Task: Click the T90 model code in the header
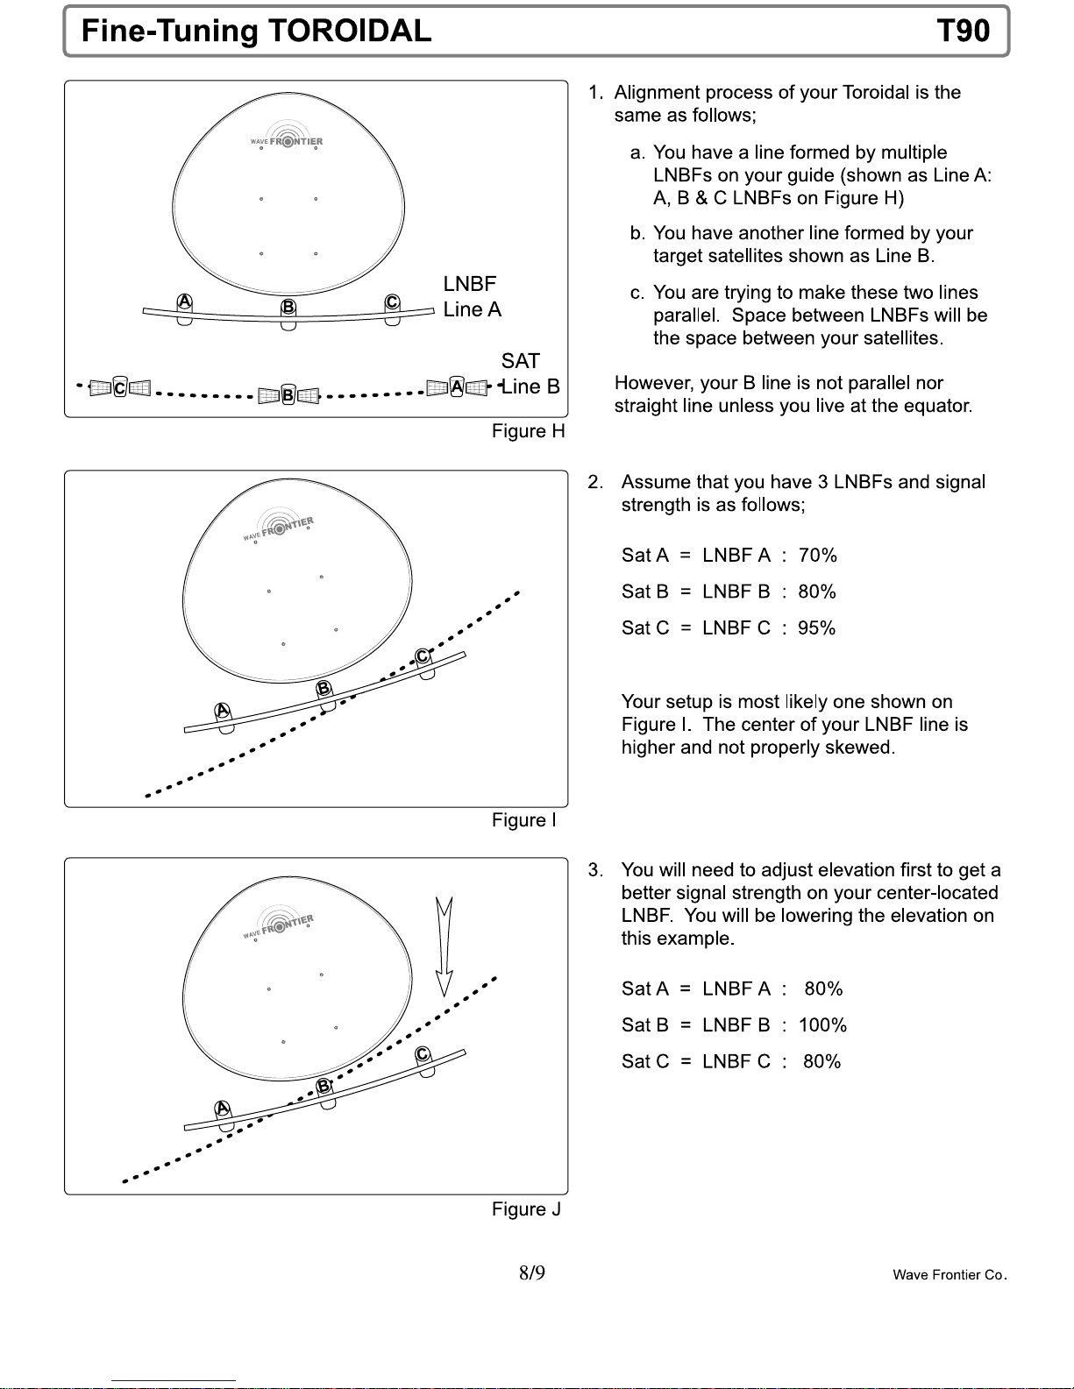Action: pos(963,32)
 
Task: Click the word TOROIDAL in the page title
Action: pos(349,32)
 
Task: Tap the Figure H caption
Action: pos(528,431)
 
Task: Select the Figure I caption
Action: pos(523,820)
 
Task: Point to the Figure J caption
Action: pos(526,1209)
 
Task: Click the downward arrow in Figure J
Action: pos(445,946)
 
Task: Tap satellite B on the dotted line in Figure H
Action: pos(288,395)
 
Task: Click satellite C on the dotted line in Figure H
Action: pos(120,387)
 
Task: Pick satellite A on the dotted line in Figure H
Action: pos(457,386)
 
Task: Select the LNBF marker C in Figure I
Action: pos(423,657)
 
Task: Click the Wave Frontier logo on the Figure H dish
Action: pos(286,140)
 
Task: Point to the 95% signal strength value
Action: pos(816,628)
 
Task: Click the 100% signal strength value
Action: pos(822,1025)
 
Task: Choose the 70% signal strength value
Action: pos(817,556)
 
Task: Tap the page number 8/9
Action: pos(531,1273)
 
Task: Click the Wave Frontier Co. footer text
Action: pos(950,1275)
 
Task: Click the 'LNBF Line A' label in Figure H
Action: pos(472,297)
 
